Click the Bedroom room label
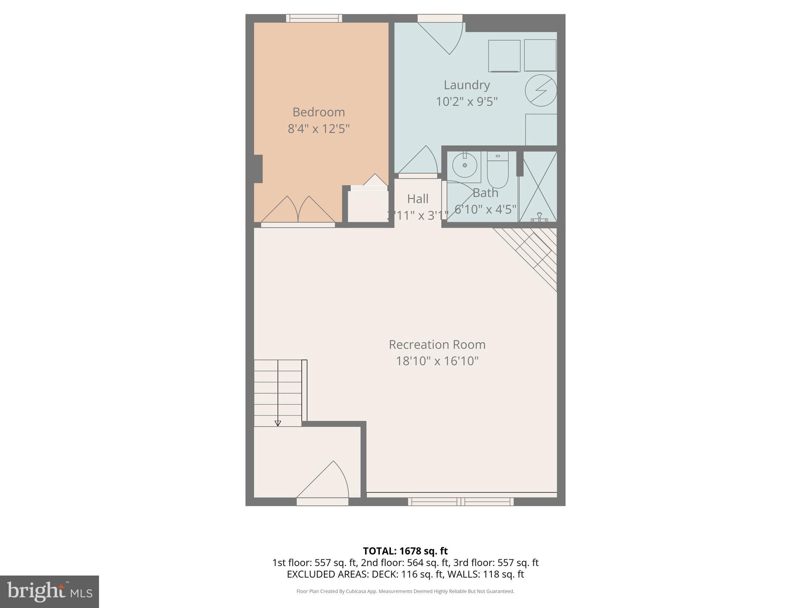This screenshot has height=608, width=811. [x=318, y=112]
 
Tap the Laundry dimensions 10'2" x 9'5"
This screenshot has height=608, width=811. [x=466, y=102]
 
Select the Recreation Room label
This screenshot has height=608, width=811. [x=437, y=344]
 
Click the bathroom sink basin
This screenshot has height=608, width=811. [x=465, y=165]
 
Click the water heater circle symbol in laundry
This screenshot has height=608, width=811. [x=541, y=90]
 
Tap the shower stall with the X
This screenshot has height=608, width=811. [x=538, y=186]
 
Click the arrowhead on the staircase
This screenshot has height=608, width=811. [x=278, y=423]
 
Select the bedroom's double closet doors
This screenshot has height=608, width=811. [x=298, y=210]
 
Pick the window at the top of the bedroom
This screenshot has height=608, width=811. [x=314, y=18]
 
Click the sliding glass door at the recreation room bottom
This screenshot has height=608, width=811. [x=461, y=502]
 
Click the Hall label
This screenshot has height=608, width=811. [x=418, y=199]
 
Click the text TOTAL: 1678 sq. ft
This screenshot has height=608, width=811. [x=405, y=551]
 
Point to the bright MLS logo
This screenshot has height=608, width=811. [x=49, y=591]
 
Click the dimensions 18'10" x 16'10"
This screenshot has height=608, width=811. [x=437, y=361]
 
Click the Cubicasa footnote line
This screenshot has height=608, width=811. [x=405, y=591]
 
